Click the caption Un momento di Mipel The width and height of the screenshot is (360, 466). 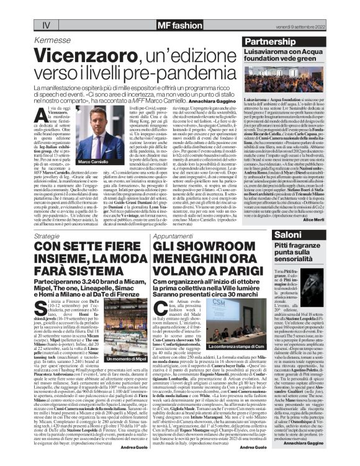[x=110, y=359]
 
